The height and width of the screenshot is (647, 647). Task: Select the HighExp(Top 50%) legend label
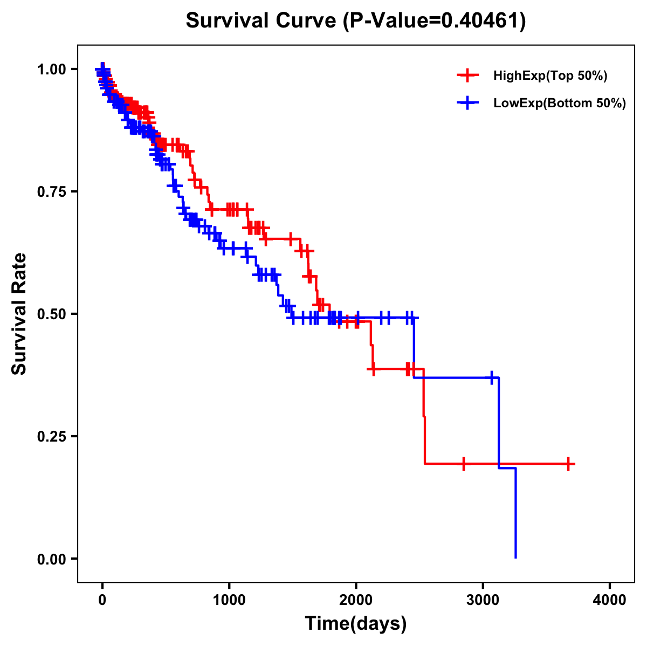coord(550,76)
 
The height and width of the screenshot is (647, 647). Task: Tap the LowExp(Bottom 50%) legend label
coord(560,104)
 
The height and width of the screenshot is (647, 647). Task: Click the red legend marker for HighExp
coord(467,76)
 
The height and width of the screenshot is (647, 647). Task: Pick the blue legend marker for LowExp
coord(467,103)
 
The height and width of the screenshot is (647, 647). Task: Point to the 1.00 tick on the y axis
coord(51,70)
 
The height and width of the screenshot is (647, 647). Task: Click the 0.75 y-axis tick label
coord(51,192)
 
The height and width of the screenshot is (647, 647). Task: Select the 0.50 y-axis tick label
coord(51,314)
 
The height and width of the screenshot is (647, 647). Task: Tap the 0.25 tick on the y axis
coord(51,436)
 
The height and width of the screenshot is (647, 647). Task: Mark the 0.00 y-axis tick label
coord(51,559)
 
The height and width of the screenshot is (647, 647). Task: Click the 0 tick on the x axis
coord(102,600)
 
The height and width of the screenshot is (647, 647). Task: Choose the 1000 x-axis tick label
coord(229,600)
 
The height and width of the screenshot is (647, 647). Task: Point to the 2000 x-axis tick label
coord(356,600)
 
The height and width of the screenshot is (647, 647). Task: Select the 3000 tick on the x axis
coord(483,600)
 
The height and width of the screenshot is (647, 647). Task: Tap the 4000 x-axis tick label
coord(610,600)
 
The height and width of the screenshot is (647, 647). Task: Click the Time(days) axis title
coord(356,624)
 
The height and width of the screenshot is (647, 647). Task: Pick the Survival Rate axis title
coord(20,314)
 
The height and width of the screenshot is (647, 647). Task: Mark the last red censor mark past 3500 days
coord(568,464)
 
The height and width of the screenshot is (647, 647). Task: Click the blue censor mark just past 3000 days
coord(492,377)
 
